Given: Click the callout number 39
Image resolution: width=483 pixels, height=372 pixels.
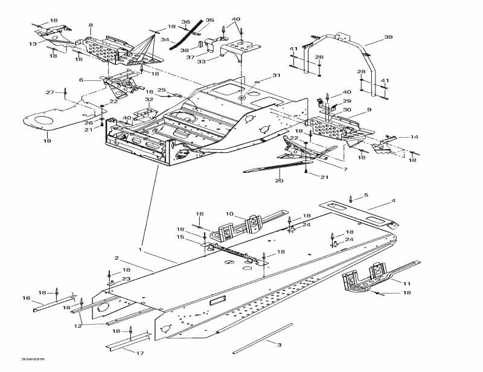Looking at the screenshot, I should point(388,37).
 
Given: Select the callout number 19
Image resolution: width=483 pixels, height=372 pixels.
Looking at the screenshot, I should point(47,141).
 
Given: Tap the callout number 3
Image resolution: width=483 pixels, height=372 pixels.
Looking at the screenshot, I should point(279,344).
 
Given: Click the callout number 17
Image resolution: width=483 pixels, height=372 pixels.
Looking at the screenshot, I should point(365,196).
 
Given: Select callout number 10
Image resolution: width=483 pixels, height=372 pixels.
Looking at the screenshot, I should point(229,214).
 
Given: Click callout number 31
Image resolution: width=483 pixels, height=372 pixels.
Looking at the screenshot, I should point(277,75).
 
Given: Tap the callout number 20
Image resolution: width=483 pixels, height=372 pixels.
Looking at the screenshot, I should point(279,181).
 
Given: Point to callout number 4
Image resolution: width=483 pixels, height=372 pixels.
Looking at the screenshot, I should point(393,200).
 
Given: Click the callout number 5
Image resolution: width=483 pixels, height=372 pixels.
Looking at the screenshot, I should point(365,196).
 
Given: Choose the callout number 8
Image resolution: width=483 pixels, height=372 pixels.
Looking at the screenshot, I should point(91,25).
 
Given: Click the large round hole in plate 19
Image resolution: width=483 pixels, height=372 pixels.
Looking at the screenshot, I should point(44,122).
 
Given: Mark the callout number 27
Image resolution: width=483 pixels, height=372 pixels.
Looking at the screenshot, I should point(51,92).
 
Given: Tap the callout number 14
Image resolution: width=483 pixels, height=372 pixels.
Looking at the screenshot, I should point(414,137).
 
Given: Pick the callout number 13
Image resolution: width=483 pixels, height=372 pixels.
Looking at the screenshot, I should point(33,43).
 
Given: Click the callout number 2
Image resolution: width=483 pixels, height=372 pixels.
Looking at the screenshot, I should point(117,258).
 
